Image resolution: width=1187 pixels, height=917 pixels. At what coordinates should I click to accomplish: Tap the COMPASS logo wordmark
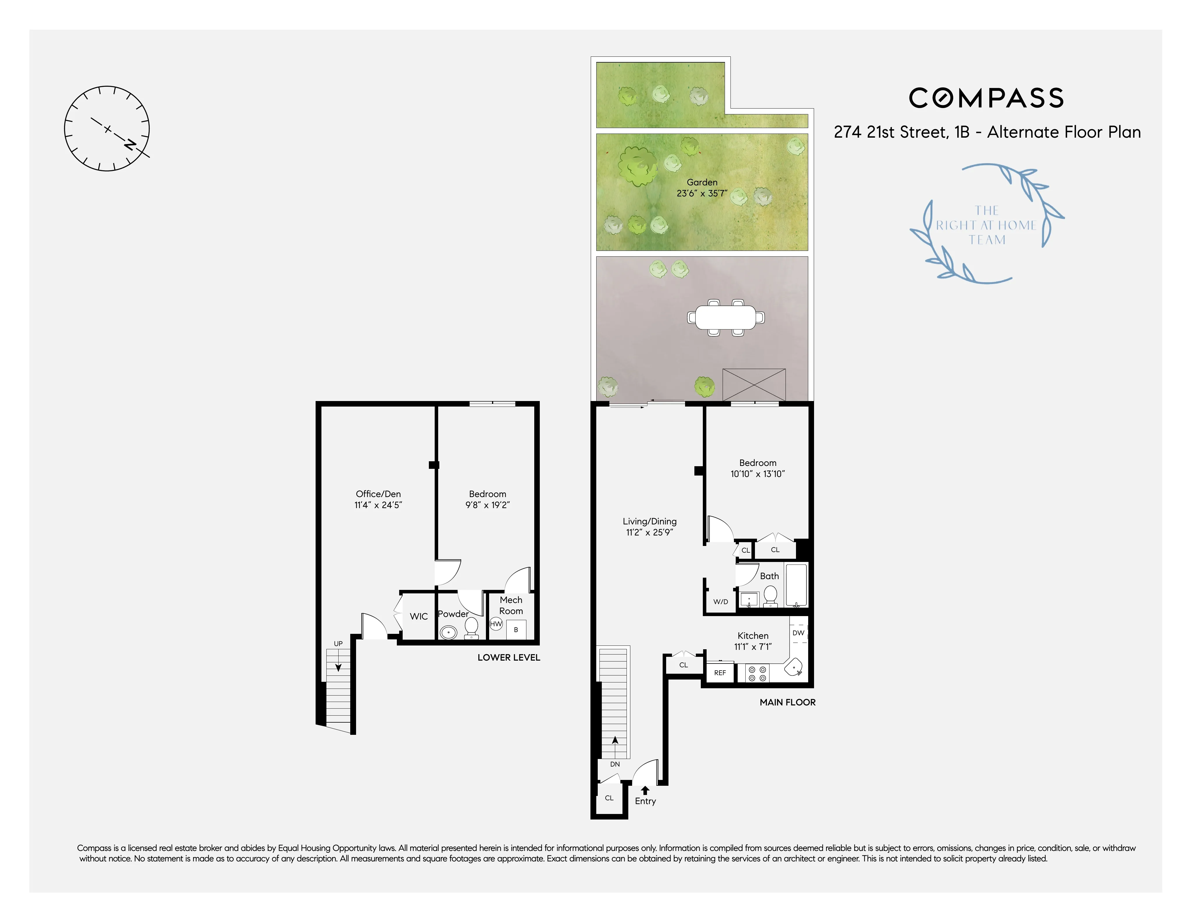click(x=986, y=98)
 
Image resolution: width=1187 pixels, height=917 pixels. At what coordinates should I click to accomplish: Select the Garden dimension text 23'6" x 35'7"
click(x=702, y=194)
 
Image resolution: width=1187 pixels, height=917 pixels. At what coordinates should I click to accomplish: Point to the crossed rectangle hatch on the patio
click(x=754, y=385)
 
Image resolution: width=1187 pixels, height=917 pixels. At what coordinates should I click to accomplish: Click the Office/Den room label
click(x=378, y=494)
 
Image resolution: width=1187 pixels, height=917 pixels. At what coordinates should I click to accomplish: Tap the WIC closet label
click(x=418, y=616)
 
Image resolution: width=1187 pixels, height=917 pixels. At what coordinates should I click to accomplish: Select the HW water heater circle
click(x=496, y=624)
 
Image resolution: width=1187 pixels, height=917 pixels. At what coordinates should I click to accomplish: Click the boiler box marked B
click(x=516, y=630)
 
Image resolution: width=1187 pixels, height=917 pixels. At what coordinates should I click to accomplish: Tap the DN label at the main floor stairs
click(x=615, y=764)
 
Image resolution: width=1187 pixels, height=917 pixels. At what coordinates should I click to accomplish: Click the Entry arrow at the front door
click(x=645, y=790)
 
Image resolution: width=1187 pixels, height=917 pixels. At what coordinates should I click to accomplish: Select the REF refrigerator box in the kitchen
click(x=720, y=673)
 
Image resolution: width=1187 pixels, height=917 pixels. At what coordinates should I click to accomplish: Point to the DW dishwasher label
click(x=798, y=633)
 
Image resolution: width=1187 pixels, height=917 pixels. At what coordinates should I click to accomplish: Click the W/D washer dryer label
click(x=721, y=601)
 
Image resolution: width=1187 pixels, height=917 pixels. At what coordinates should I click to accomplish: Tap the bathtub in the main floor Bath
click(x=796, y=585)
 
